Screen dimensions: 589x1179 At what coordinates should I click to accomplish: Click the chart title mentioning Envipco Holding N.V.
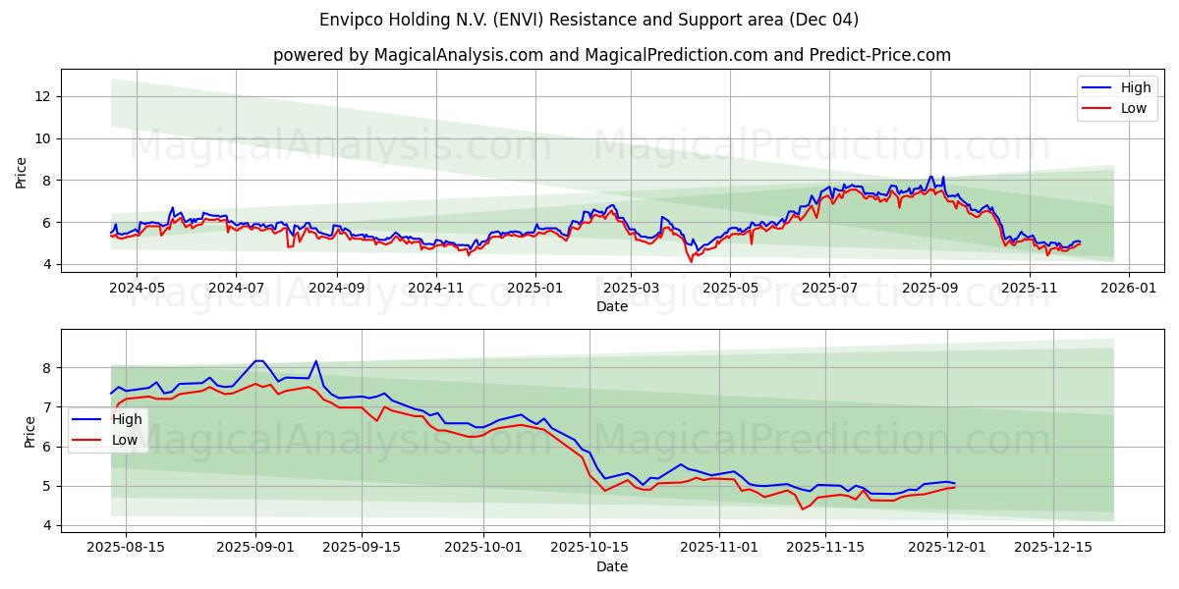pos(589,20)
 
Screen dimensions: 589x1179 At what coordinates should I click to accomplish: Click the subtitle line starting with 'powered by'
pos(611,55)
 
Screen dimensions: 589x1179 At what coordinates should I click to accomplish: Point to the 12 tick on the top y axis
pos(42,96)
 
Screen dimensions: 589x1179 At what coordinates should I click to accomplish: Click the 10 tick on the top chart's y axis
pos(42,138)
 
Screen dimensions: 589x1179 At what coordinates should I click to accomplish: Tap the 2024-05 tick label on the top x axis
pos(136,289)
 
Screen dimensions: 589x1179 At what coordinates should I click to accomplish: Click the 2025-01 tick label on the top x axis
pos(535,289)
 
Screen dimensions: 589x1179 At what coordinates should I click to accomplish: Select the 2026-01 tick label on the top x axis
pos(1128,289)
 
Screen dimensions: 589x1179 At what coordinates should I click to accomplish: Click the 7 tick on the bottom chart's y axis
pos(46,407)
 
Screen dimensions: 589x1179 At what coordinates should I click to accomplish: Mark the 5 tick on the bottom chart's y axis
pos(46,486)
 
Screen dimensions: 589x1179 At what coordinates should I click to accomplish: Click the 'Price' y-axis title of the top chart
pos(22,172)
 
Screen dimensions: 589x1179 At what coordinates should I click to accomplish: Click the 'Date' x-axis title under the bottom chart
pos(611,566)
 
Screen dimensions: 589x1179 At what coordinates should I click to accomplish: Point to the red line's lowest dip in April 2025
pos(691,261)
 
